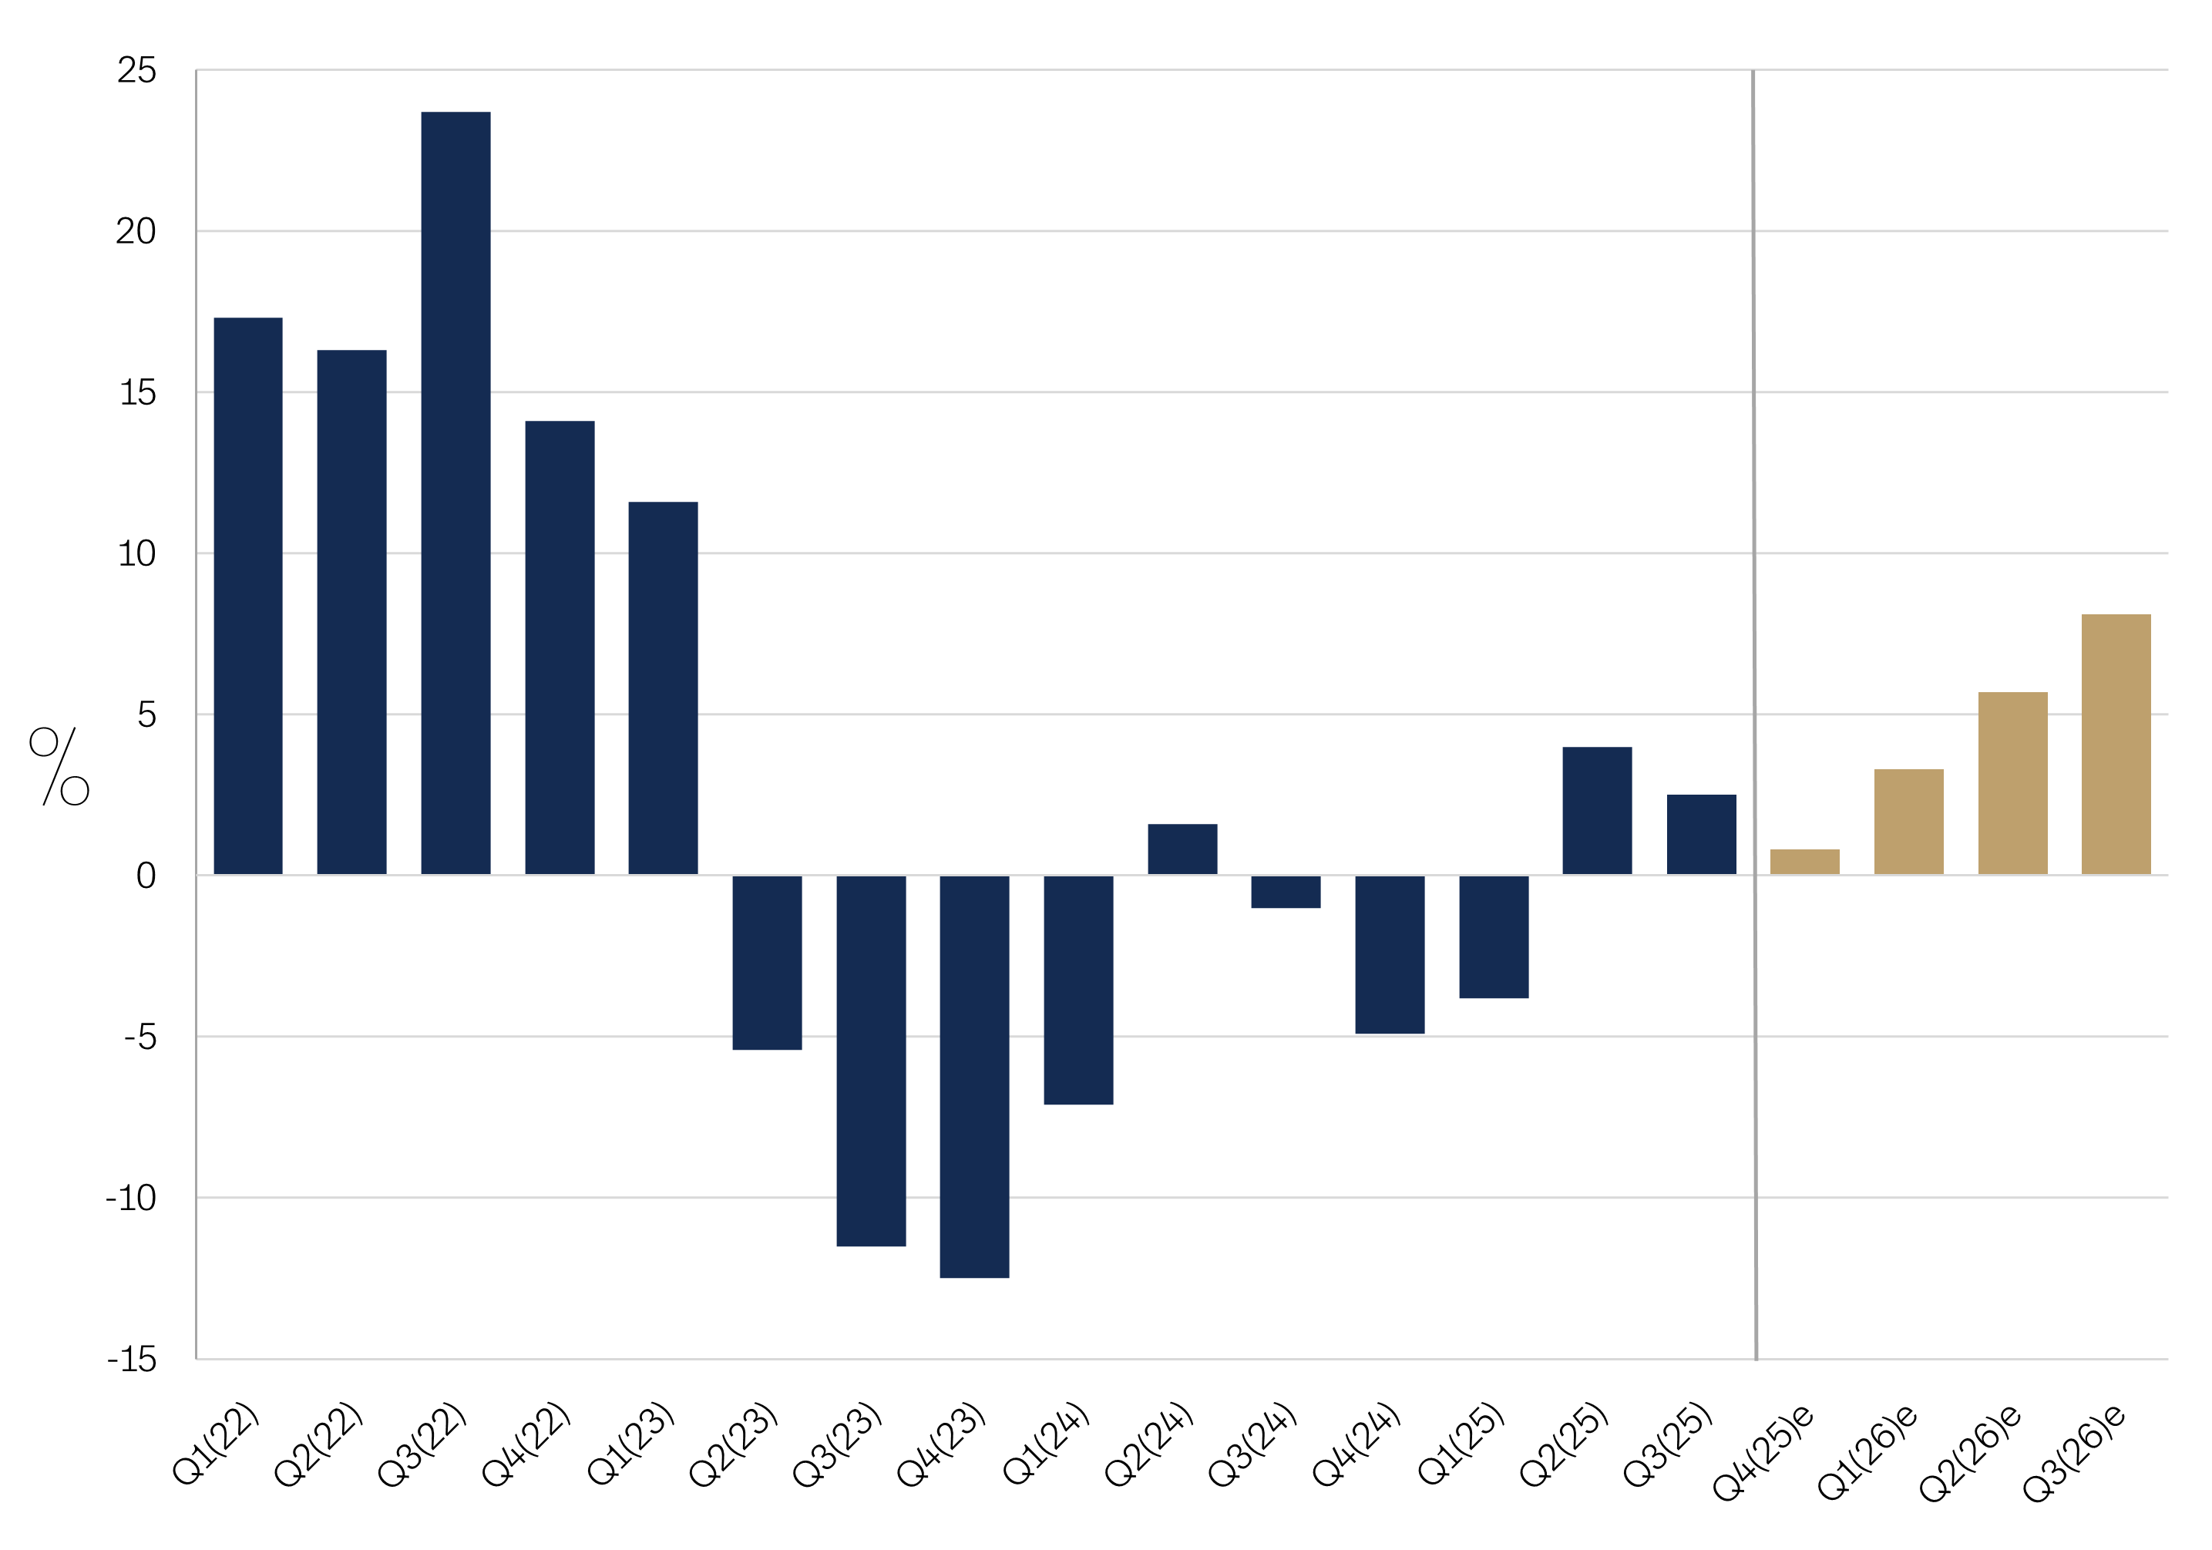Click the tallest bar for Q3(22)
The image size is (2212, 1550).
point(456,493)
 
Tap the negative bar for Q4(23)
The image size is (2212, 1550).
point(974,1076)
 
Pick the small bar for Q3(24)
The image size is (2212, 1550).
point(1286,891)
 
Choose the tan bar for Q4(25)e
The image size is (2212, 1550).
point(1804,862)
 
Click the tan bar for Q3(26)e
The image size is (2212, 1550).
point(2116,745)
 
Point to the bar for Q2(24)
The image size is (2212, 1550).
point(1182,849)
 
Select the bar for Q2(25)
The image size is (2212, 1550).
point(1597,811)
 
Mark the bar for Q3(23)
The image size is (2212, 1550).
point(871,1060)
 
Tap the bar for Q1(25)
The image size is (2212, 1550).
point(1494,936)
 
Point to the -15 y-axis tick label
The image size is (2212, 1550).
point(132,1360)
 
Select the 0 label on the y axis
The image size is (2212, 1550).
point(146,876)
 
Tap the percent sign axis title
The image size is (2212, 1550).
point(60,766)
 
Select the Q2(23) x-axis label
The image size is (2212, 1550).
point(734,1444)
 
